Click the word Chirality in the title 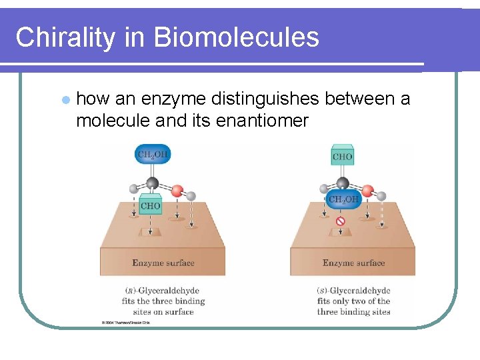[x=65, y=37]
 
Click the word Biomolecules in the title [x=236, y=37]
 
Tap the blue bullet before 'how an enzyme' [x=65, y=100]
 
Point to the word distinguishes [x=266, y=99]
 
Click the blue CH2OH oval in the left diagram [x=152, y=155]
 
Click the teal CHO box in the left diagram [x=151, y=205]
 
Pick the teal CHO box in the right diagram [x=342, y=157]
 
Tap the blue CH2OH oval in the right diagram [x=343, y=200]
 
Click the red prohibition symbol [x=341, y=221]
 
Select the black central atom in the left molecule [x=152, y=183]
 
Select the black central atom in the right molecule [x=343, y=183]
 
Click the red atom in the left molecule [x=177, y=191]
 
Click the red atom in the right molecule [x=367, y=191]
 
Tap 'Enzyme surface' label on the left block [x=163, y=263]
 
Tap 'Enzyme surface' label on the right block [x=353, y=263]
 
